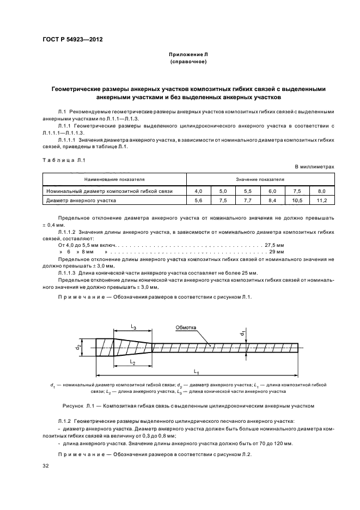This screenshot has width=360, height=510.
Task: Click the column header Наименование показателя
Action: pos(114,178)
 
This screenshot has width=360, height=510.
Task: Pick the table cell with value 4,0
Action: pos(198,191)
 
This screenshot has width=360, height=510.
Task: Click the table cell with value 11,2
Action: pos(321,201)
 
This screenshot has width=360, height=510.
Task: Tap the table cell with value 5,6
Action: pos(198,201)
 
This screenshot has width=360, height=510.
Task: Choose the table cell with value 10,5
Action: pos(297,201)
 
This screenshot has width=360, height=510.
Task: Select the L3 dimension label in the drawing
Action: pos(133,326)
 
